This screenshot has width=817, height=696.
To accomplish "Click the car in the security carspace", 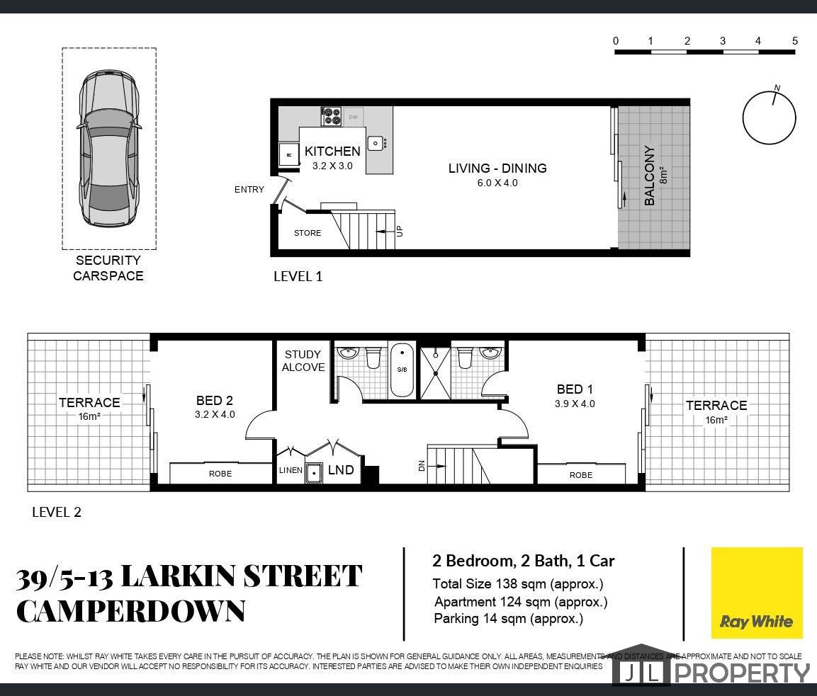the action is click(x=108, y=149).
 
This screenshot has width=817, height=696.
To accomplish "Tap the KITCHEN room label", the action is click(x=332, y=152).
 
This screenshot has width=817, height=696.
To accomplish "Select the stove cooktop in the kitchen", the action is click(x=331, y=116).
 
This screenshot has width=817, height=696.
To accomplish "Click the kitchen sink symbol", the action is click(x=376, y=142).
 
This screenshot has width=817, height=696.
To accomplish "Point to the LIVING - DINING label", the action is click(x=497, y=168).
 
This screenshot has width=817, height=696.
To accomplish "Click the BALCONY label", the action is click(x=649, y=175).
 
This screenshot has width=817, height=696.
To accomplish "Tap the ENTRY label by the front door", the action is click(x=249, y=190).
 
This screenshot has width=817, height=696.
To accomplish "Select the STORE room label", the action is click(x=308, y=233).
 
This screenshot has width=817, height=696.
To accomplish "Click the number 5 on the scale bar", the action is click(x=794, y=40).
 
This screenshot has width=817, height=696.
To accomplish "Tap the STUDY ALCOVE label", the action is click(x=303, y=361).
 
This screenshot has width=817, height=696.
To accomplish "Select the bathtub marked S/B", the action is click(x=402, y=370).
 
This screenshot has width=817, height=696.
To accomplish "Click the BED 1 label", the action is click(x=575, y=389).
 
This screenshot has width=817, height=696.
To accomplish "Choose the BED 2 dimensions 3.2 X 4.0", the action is click(x=215, y=414).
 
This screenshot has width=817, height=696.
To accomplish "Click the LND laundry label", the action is click(x=341, y=469).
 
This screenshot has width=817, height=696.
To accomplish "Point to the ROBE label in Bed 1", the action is click(x=581, y=475).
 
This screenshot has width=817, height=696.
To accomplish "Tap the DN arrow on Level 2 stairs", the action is click(x=436, y=467).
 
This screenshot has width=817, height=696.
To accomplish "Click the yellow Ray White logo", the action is click(x=757, y=593).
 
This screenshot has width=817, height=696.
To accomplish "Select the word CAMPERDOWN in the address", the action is click(x=131, y=611).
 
